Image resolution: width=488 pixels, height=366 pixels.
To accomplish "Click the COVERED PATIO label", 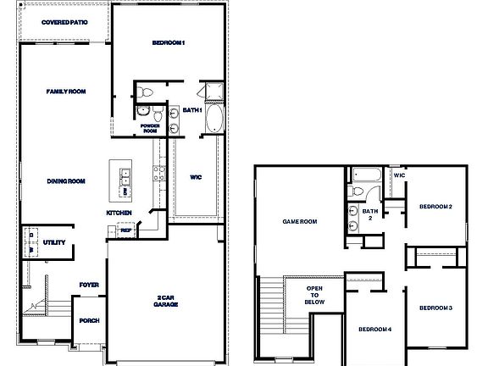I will click(64, 23).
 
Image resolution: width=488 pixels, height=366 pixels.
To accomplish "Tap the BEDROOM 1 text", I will click(169, 42).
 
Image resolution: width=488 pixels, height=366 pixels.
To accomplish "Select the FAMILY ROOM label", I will click(65, 91).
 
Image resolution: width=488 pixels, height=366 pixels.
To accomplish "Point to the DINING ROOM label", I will click(65, 180).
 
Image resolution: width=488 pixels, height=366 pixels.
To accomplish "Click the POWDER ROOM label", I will click(149, 129).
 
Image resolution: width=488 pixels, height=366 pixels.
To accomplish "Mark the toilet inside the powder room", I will click(146, 91).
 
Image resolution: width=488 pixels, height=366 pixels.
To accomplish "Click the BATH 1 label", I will click(192, 109).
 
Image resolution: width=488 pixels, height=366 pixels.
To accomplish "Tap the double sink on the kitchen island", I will click(125, 178).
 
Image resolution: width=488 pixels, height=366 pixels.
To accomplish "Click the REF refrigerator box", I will click(125, 230).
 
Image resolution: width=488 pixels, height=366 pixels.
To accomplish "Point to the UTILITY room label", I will click(54, 242).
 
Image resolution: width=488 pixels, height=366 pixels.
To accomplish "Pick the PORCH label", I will click(89, 321).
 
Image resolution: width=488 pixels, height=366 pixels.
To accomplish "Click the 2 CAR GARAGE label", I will click(166, 302).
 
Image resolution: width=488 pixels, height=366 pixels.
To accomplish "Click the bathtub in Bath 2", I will click(366, 177).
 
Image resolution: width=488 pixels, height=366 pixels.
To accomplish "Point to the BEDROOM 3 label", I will click(436, 307).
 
